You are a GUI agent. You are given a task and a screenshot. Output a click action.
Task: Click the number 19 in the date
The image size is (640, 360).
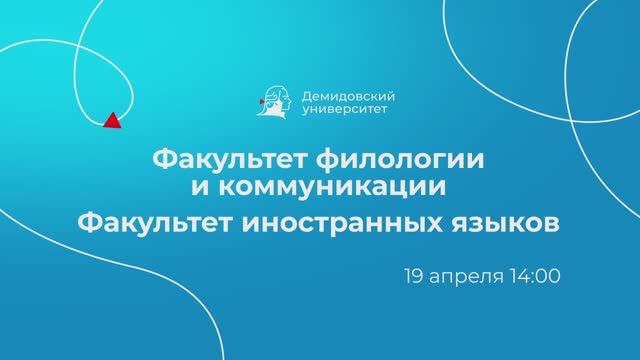(413, 272)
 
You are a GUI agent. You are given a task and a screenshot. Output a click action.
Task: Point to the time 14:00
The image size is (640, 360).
(534, 272)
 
